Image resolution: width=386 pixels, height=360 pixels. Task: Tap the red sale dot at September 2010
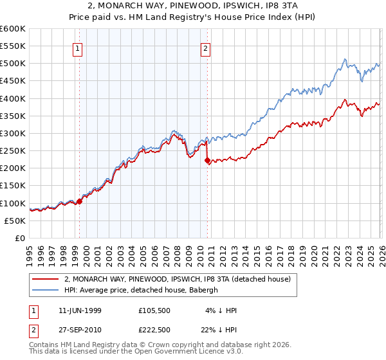[x=207, y=161]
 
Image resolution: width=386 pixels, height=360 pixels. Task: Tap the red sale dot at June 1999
[x=80, y=201]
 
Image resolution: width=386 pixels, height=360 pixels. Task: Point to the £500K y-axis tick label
[x=13, y=64]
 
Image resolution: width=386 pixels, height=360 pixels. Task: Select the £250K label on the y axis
[x=13, y=150]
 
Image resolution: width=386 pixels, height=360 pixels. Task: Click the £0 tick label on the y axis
[x=19, y=238]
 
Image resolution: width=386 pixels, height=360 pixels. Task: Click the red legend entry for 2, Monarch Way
[x=178, y=279]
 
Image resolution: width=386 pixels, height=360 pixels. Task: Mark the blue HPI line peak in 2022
[x=345, y=60]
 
